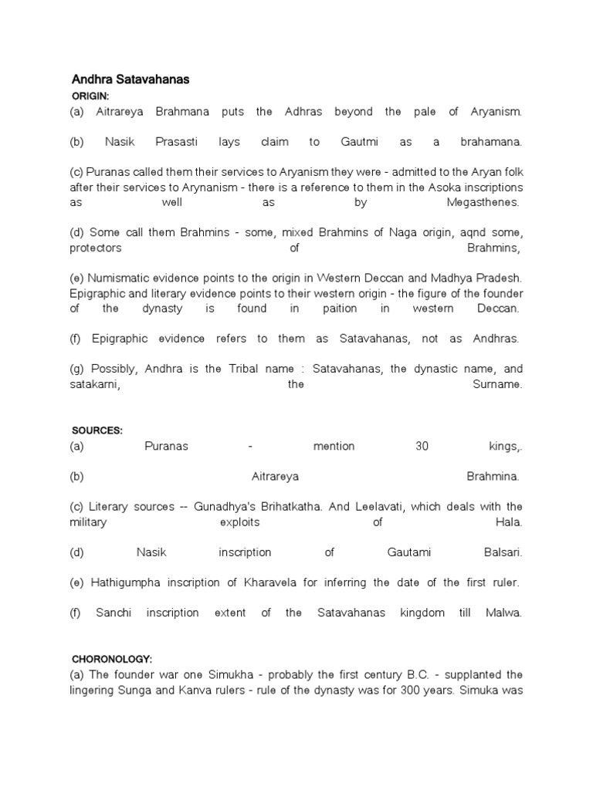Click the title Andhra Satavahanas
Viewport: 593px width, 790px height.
click(130, 79)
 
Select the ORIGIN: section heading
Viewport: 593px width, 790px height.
click(90, 96)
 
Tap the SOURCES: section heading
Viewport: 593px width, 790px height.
click(97, 430)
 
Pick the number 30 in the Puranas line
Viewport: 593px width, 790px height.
click(422, 446)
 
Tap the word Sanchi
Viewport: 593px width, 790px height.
click(114, 613)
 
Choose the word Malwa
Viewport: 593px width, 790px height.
click(503, 613)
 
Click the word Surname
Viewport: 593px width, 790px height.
click(496, 384)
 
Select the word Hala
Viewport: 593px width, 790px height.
click(510, 522)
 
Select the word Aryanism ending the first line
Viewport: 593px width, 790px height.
click(496, 112)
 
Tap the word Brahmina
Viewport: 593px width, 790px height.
click(493, 477)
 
